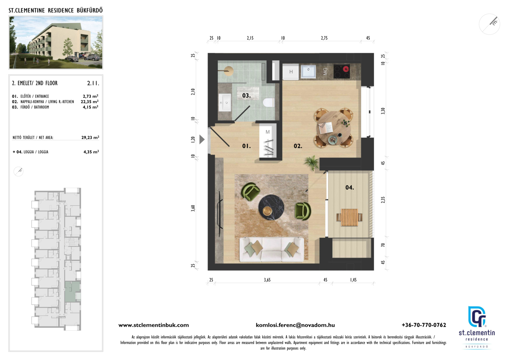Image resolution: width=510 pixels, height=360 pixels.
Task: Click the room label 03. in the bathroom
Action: pyautogui.click(x=246, y=95)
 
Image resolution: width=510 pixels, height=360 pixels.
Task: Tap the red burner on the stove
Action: pyautogui.click(x=346, y=69)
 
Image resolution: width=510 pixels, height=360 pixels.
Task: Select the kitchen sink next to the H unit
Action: pyautogui.click(x=308, y=71)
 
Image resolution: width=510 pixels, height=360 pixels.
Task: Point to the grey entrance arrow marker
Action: pyautogui.click(x=202, y=139)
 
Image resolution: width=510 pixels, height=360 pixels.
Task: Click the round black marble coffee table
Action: pyautogui.click(x=271, y=207)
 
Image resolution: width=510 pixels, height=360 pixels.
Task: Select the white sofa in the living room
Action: pyautogui.click(x=272, y=250)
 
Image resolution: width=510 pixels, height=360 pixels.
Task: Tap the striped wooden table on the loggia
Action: pyautogui.click(x=349, y=218)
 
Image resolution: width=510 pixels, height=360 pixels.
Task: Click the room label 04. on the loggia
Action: pyautogui.click(x=349, y=187)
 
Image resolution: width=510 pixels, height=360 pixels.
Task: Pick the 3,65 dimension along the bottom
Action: pyautogui.click(x=267, y=280)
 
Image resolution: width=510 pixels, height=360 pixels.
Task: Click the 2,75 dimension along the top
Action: pyautogui.click(x=324, y=38)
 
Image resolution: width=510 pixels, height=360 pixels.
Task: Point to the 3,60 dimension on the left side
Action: pyautogui.click(x=193, y=208)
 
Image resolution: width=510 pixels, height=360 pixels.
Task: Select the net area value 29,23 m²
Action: pyautogui.click(x=90, y=138)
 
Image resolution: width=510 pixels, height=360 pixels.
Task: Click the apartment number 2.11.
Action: pyautogui.click(x=93, y=83)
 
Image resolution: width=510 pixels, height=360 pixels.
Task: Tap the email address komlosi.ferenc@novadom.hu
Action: pyautogui.click(x=295, y=325)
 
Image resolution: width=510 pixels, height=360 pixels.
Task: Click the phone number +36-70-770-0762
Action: pyautogui.click(x=424, y=325)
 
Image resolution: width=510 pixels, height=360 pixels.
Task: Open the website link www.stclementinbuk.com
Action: pyautogui.click(x=154, y=325)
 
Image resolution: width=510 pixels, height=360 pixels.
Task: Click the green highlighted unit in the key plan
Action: pyautogui.click(x=72, y=292)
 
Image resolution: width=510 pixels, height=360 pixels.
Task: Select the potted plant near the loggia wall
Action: pyautogui.click(x=311, y=162)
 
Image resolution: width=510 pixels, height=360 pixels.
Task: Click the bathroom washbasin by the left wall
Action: pyautogui.click(x=225, y=103)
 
